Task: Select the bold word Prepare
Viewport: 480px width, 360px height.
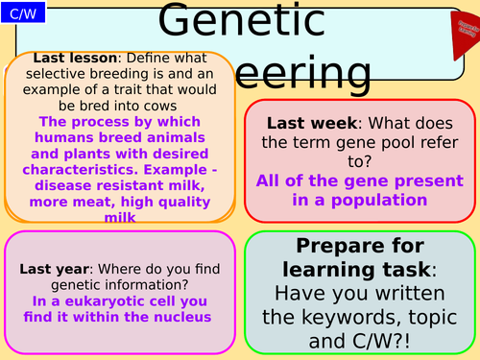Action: tap(328, 245)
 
